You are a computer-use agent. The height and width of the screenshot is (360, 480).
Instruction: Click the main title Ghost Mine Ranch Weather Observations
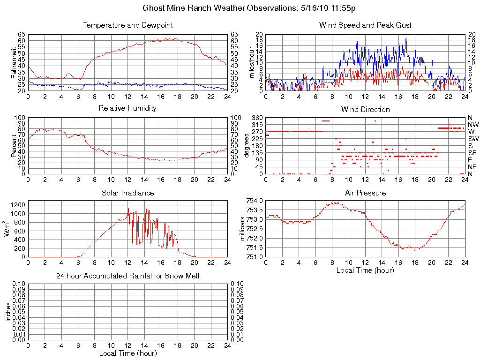tap(249, 8)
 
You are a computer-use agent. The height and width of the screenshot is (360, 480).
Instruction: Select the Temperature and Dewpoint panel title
tap(127, 25)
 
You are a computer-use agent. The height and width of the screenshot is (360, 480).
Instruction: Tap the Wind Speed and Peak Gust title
tap(365, 25)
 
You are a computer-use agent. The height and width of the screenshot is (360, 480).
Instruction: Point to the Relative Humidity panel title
tap(127, 108)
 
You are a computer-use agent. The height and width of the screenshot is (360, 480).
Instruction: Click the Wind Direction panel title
tap(365, 109)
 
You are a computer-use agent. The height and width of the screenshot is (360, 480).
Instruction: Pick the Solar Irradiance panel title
tap(127, 193)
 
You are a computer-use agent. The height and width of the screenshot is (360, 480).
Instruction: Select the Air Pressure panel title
tap(365, 193)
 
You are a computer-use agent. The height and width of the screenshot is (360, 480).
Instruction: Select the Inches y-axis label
tap(8, 312)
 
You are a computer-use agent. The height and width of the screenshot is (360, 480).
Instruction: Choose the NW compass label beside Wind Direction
tap(473, 125)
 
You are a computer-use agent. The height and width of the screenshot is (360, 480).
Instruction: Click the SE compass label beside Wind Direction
tap(472, 153)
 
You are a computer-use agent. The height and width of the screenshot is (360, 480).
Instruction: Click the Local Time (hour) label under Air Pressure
tap(365, 270)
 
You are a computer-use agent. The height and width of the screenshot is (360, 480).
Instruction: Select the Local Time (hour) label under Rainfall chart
tap(127, 353)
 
